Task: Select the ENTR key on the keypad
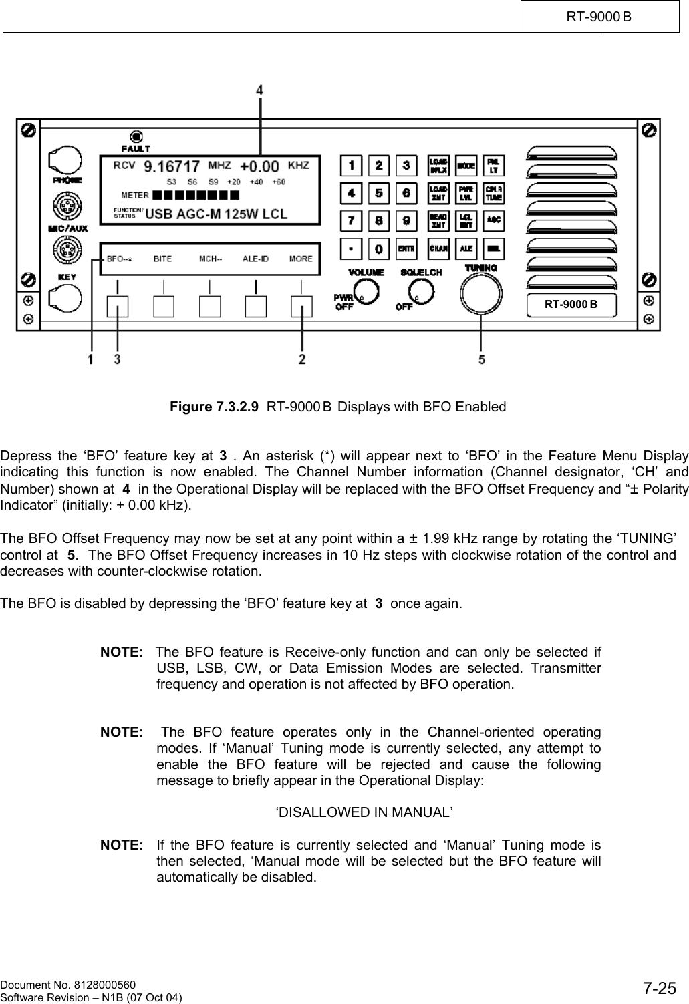pos(405,248)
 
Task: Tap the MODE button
pos(466,166)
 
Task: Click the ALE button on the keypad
pos(466,248)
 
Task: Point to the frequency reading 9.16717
pos(172,166)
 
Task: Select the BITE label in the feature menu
pos(162,259)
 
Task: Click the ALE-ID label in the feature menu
pos(255,259)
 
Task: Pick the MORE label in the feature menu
pos(301,259)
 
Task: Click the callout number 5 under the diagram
pos(482,359)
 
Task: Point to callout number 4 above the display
pos(260,89)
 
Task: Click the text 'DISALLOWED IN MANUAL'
pos(364,812)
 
